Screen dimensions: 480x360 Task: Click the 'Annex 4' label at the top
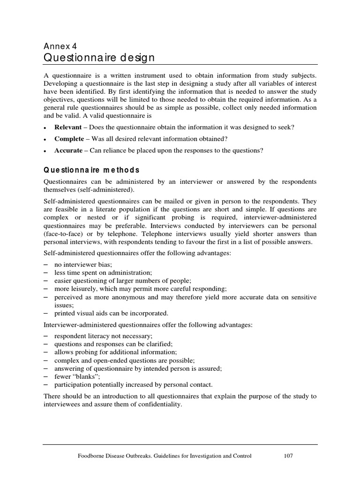60,46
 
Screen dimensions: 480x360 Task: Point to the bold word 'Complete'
69,139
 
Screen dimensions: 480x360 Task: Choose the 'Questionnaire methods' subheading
91,170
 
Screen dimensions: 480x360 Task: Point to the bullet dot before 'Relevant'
45,128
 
